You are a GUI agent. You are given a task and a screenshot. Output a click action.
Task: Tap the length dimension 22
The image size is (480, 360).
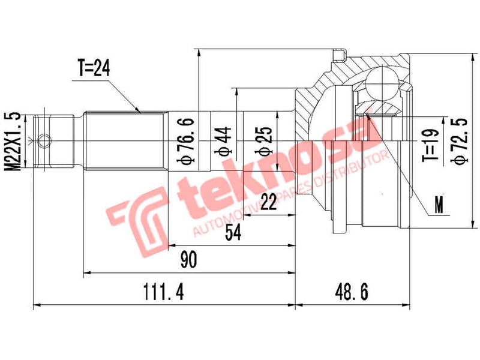pyautogui.click(x=269, y=203)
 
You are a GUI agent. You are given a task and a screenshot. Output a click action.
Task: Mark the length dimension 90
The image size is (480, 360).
pyautogui.click(x=189, y=260)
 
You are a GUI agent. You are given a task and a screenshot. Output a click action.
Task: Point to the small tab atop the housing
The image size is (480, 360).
pyautogui.click(x=340, y=56)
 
